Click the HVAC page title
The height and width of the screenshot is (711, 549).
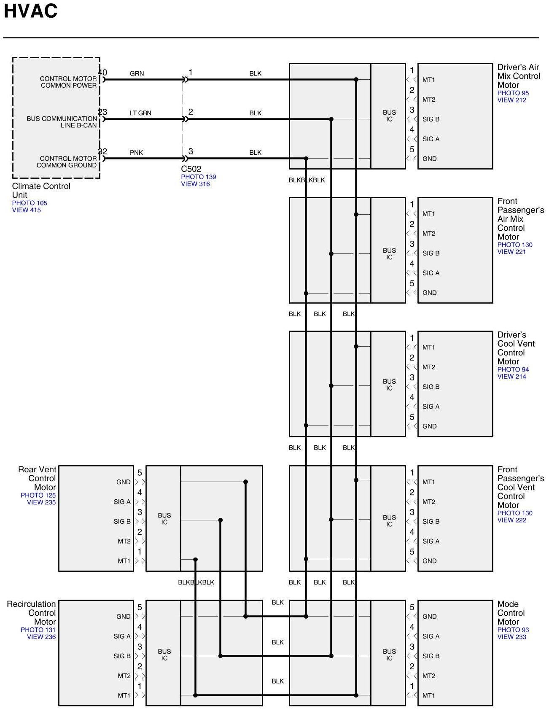30,11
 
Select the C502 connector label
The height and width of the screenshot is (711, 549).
191,169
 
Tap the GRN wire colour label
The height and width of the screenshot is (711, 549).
137,73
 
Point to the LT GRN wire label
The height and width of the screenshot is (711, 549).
140,113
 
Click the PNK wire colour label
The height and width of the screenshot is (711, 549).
136,153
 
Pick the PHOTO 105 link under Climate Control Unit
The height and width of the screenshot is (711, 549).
30,203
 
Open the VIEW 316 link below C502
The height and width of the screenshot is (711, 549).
195,184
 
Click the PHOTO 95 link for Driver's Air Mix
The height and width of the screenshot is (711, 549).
513,93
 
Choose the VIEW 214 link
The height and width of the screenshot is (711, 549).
511,376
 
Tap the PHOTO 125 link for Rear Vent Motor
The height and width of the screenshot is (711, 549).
38,495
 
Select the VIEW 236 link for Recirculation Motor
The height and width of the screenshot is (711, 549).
41,637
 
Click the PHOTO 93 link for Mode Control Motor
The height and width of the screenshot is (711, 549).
513,630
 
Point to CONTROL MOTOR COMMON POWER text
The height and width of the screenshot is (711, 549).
68,82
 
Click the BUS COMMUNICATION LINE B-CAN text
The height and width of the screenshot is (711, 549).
62,122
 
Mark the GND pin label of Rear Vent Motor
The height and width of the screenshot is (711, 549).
124,482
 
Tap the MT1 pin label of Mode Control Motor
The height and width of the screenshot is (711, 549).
429,695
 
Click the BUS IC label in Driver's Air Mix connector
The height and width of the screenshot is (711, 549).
389,116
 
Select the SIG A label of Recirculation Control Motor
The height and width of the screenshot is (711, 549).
122,636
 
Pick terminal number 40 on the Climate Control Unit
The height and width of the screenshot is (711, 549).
102,73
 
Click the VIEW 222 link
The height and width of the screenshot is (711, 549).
511,520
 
